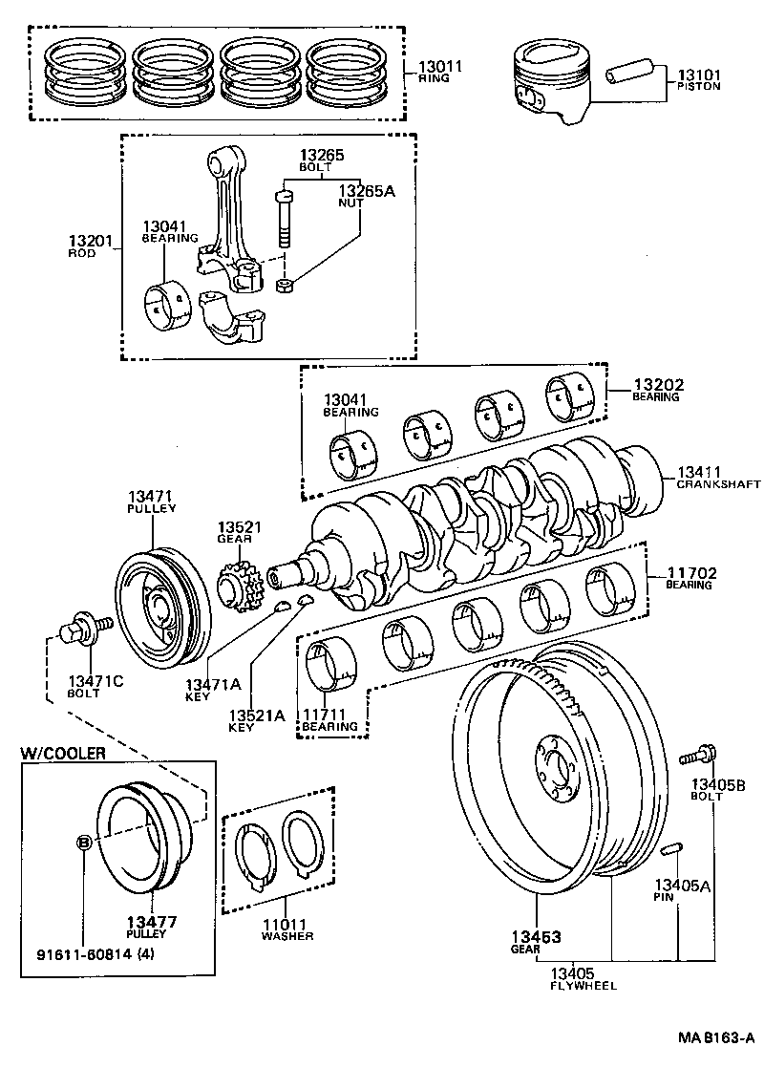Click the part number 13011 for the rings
[440, 67]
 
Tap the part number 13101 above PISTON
[699, 75]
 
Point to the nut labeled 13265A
[284, 286]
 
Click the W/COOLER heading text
[63, 753]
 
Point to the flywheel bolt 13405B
[700, 756]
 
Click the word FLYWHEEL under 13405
[583, 985]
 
